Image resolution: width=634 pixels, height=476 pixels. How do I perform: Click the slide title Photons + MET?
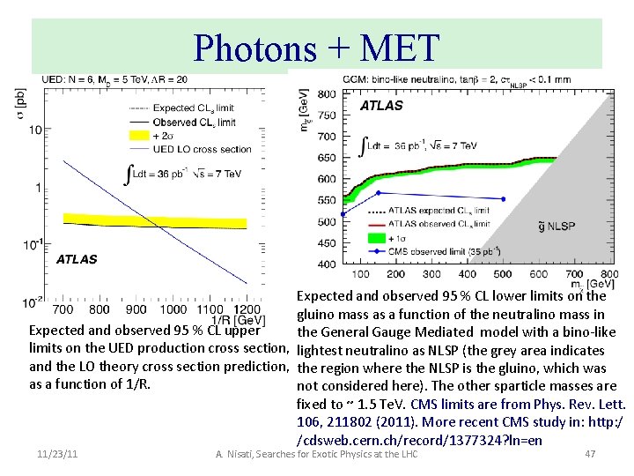[316, 48]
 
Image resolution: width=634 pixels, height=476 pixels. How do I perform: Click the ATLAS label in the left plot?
[77, 259]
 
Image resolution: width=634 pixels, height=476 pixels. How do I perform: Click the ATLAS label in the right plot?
[381, 105]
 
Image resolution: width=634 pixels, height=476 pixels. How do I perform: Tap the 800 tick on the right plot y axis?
[325, 93]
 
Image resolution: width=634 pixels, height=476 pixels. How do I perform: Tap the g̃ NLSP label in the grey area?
[558, 227]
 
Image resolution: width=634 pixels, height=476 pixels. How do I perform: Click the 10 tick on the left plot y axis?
[33, 130]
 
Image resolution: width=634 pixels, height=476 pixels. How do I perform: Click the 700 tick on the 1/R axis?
[63, 309]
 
